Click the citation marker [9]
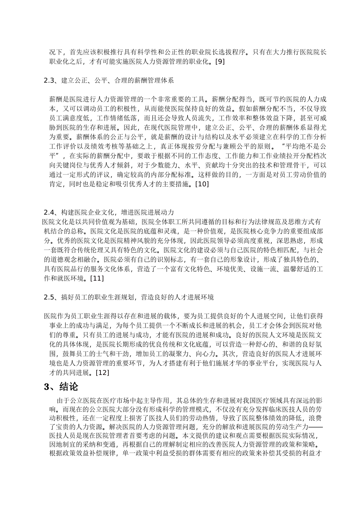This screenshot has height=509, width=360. [x=219, y=62]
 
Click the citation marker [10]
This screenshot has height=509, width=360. [x=201, y=184]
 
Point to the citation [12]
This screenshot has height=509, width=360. [x=102, y=373]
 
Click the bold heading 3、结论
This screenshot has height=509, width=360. [x=61, y=387]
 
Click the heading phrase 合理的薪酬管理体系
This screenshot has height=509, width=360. [x=146, y=80]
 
